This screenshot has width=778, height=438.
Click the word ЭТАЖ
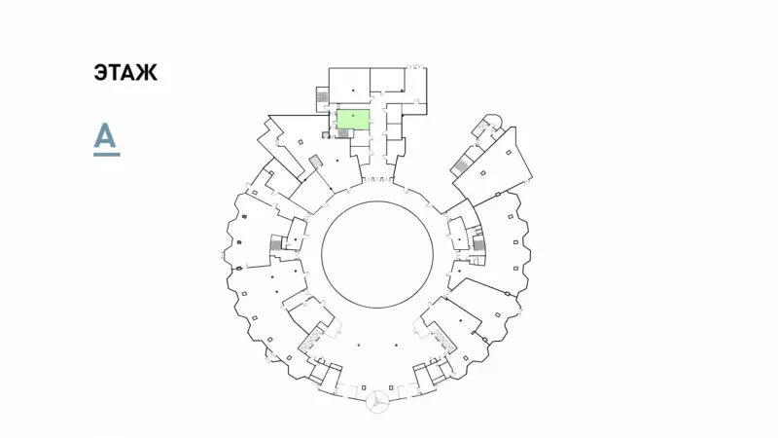click(125, 72)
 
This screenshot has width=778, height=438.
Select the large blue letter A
click(105, 135)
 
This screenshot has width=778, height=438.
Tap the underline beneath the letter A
click(107, 155)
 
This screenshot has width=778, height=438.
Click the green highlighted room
click(353, 120)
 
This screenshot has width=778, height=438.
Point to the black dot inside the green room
click(353, 116)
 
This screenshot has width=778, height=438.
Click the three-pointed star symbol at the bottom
click(377, 401)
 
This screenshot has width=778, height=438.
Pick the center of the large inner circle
click(377, 254)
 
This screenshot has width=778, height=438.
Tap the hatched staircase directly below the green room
click(344, 133)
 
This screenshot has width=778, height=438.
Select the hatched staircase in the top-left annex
click(323, 96)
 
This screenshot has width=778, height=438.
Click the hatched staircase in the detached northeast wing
click(461, 165)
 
